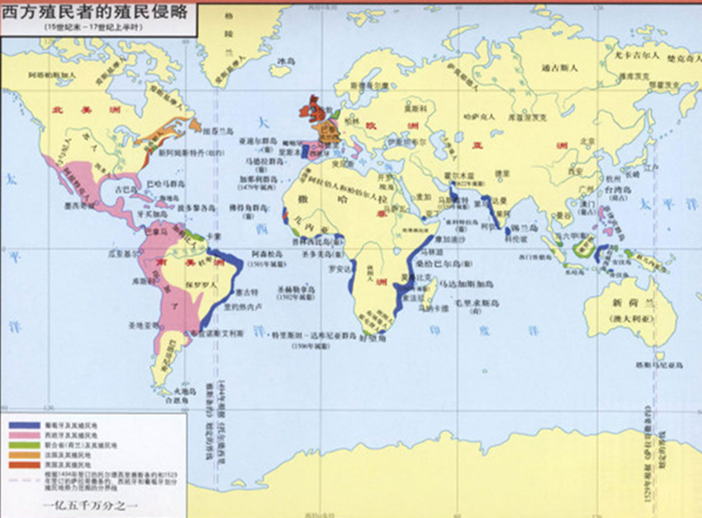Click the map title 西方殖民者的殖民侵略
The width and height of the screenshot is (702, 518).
tap(98, 12)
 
